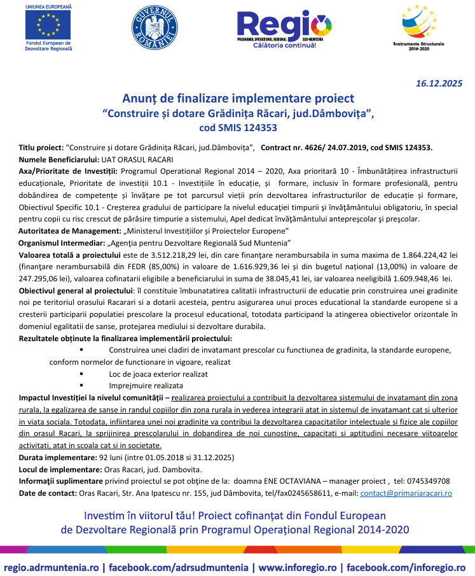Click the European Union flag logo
point(48,24)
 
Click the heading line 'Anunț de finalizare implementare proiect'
point(238,99)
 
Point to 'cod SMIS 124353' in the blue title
point(238,127)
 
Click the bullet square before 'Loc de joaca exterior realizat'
point(81,374)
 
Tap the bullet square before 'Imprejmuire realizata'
point(81,386)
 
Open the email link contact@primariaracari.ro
point(406,493)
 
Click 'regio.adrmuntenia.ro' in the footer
point(54,566)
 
